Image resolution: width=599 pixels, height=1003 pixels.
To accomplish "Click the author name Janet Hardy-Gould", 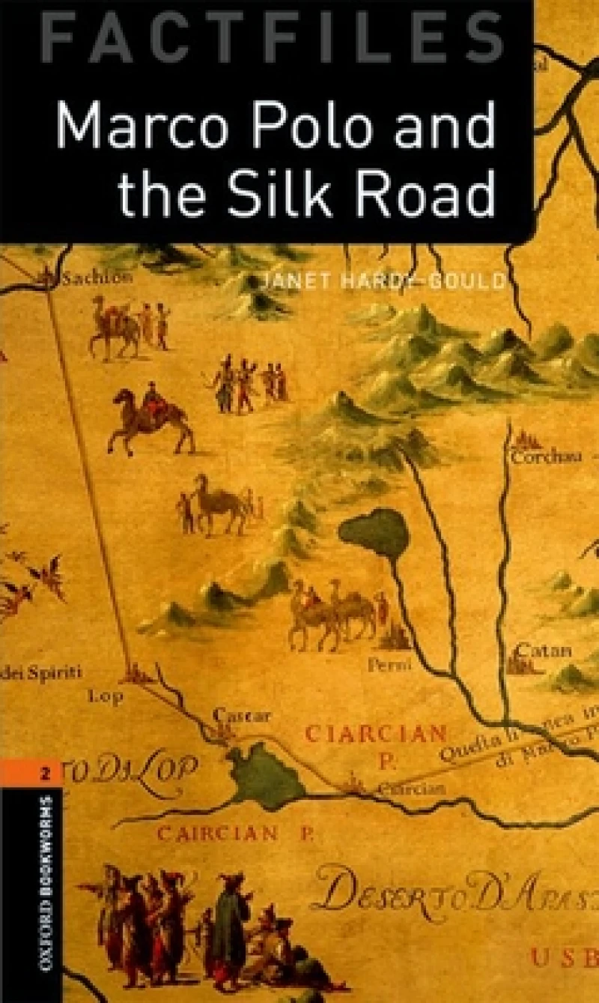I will [x=383, y=282].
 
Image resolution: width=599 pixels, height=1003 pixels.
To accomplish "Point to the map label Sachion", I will [x=97, y=278].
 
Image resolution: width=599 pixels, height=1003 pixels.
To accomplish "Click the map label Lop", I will [x=106, y=694].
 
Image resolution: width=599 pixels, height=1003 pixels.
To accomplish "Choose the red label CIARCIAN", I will [x=376, y=732].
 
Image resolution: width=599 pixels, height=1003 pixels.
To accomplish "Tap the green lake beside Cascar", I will [x=266, y=772].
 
